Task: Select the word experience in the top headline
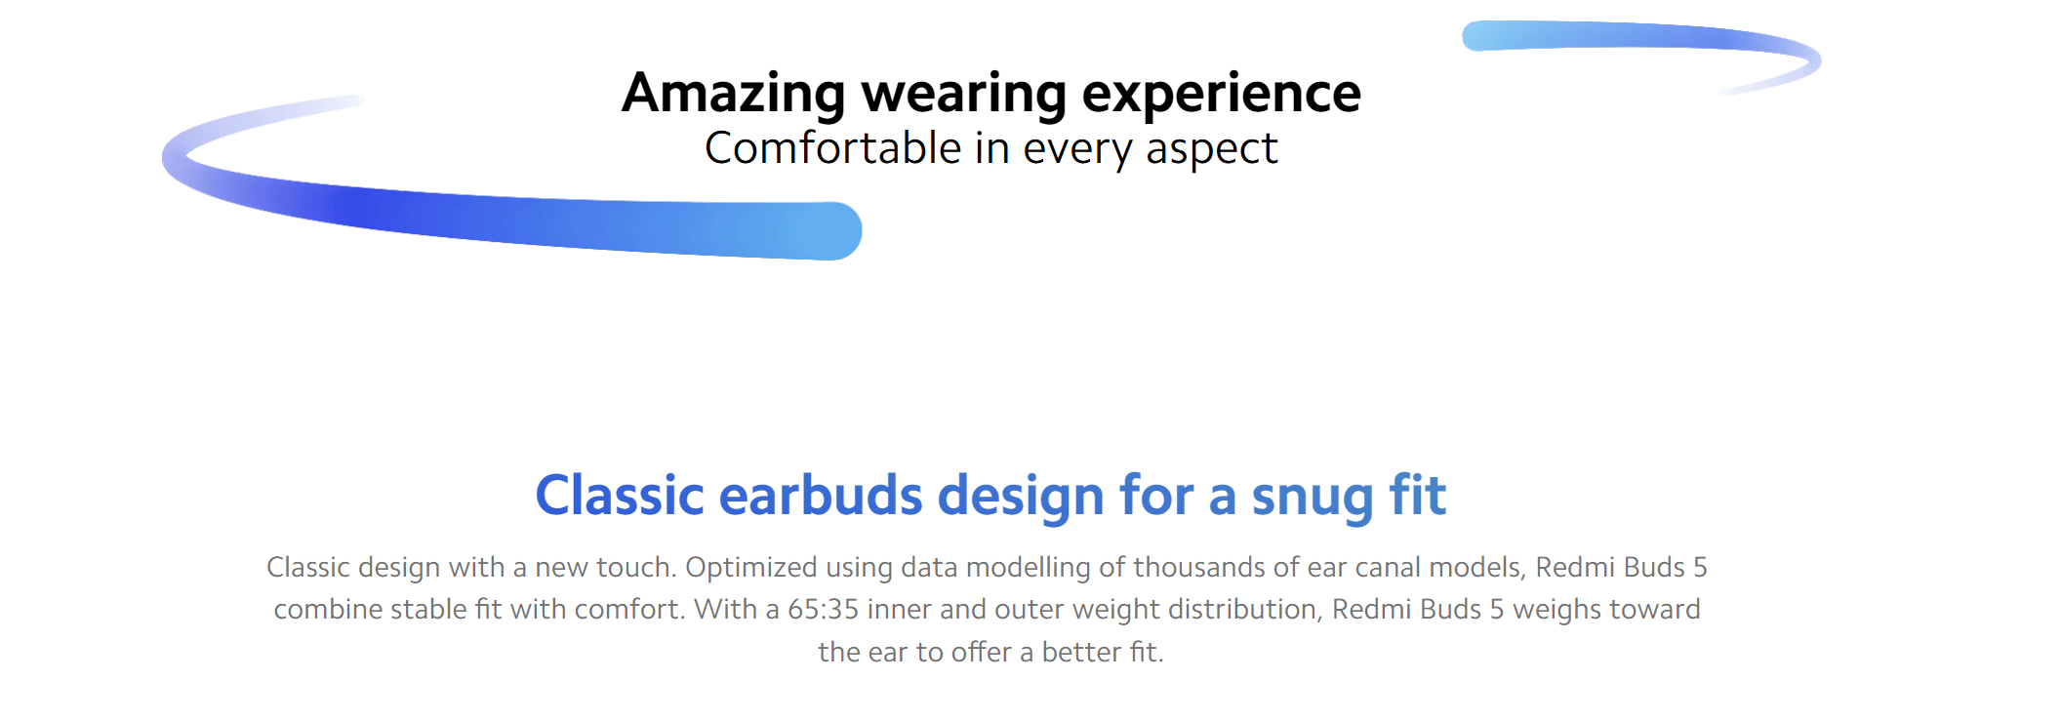[1222, 94]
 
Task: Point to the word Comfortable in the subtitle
[833, 148]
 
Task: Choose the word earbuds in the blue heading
[820, 496]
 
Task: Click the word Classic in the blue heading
[620, 496]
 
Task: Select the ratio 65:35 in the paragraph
[823, 609]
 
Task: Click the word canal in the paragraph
[1376, 567]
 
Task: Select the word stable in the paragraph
[428, 609]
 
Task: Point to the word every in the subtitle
[1077, 151]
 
